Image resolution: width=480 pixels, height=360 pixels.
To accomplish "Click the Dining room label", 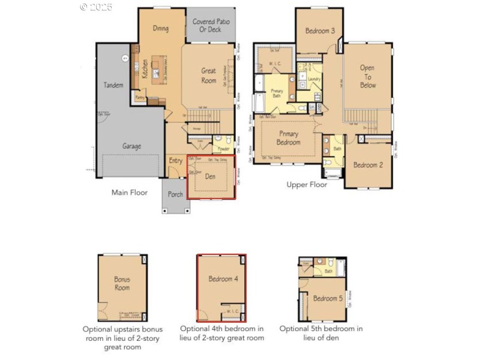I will pyautogui.click(x=160, y=29).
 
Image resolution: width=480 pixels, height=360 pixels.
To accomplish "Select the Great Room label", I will pyautogui.click(x=208, y=76).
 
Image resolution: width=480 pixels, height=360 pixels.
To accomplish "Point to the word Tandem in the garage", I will pyautogui.click(x=113, y=85).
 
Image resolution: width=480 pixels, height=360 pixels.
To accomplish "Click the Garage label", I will pyautogui.click(x=132, y=146).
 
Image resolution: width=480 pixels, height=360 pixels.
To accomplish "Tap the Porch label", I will pyautogui.click(x=175, y=194).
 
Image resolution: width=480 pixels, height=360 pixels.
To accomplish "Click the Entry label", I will pyautogui.click(x=176, y=161).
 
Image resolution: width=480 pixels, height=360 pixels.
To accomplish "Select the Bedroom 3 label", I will pyautogui.click(x=320, y=31).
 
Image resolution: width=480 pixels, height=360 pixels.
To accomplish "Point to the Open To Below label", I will pyautogui.click(x=368, y=76).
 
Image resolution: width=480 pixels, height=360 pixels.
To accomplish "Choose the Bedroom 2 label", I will pyautogui.click(x=368, y=165).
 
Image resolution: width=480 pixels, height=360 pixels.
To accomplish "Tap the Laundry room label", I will pyautogui.click(x=314, y=79).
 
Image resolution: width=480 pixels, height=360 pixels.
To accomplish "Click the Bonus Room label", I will pyautogui.click(x=122, y=283).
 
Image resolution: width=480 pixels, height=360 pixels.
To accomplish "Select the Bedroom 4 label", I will pyautogui.click(x=223, y=279).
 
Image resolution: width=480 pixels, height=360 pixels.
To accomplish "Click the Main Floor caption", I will pyautogui.click(x=130, y=193).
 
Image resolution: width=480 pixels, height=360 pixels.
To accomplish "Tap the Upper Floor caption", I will pyautogui.click(x=307, y=185).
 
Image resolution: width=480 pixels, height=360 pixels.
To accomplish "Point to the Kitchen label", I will pyautogui.click(x=145, y=68).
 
